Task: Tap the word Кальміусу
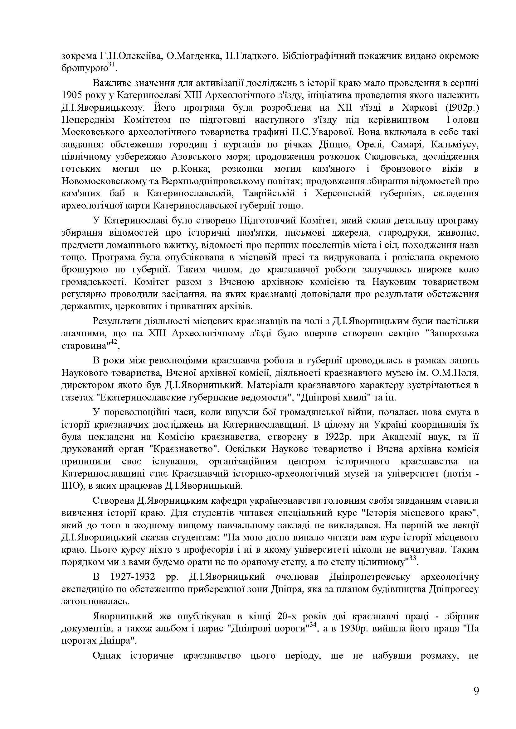click(455, 145)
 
